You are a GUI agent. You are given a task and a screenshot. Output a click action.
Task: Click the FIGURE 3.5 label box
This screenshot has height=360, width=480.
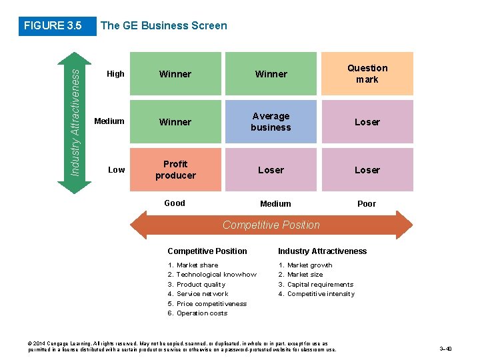click(x=52, y=26)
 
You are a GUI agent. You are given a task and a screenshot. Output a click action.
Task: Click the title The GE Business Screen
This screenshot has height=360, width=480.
click(x=163, y=26)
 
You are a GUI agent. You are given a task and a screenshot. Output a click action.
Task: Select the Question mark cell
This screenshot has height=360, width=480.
click(x=367, y=73)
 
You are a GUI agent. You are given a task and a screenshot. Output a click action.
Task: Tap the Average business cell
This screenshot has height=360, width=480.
click(x=271, y=121)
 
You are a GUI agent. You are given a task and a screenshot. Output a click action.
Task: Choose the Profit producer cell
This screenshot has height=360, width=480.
click(x=175, y=169)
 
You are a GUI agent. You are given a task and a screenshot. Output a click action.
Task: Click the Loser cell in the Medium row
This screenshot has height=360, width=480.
click(x=367, y=122)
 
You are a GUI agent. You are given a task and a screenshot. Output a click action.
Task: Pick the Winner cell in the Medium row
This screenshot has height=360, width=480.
click(x=175, y=122)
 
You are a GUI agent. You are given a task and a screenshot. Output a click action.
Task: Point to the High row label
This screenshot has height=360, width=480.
click(x=115, y=74)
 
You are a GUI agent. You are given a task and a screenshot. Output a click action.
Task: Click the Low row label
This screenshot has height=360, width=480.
click(x=116, y=170)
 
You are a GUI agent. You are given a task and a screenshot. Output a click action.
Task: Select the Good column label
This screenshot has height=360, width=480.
click(x=175, y=203)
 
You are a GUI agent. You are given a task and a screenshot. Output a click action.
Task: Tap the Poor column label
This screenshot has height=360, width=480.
click(x=367, y=204)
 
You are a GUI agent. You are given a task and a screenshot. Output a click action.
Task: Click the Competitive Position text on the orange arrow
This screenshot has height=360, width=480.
click(x=271, y=225)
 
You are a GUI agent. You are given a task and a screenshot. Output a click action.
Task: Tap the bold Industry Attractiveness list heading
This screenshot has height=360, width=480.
click(x=322, y=251)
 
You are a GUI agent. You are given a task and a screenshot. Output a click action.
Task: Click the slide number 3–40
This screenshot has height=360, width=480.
click(x=445, y=349)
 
